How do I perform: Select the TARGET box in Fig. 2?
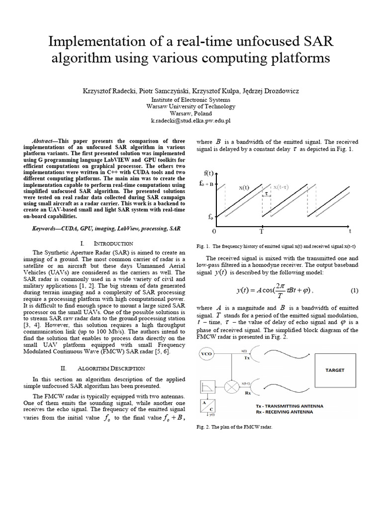point(334,370)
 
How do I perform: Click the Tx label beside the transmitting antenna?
point(246,359)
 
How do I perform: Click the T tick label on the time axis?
point(262,232)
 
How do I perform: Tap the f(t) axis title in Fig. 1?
point(209,173)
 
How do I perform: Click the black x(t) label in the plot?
point(244,188)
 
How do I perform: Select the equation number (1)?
point(354,290)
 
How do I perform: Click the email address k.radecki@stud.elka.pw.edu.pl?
point(191,121)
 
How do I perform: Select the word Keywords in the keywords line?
point(48,229)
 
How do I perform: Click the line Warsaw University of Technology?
point(191,106)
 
